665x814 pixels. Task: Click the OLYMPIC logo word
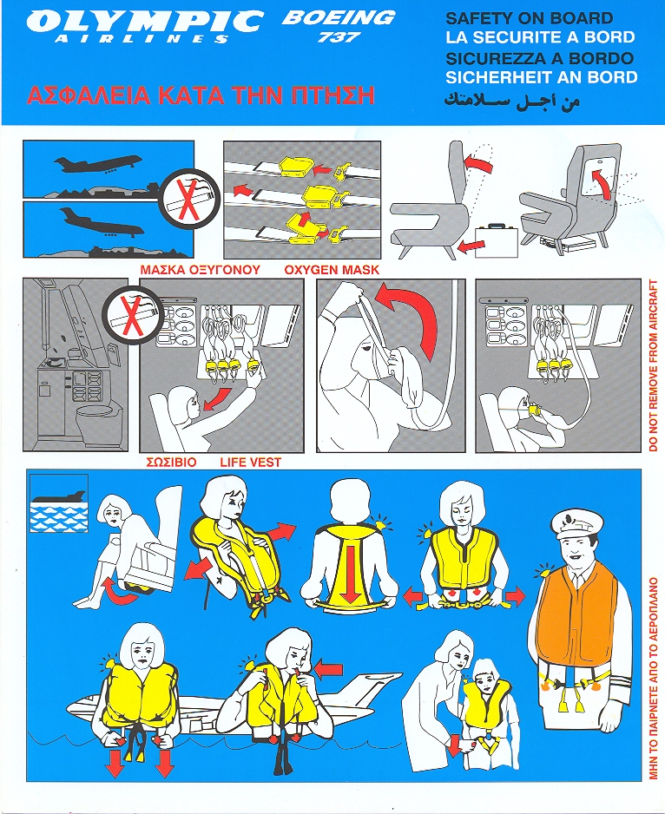[144, 22]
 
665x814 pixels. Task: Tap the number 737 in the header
[339, 37]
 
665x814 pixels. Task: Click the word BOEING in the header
[339, 18]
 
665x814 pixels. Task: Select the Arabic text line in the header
[511, 101]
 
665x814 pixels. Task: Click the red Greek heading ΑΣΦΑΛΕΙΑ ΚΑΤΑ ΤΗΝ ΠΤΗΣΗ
[201, 96]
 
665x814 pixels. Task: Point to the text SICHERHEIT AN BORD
[542, 77]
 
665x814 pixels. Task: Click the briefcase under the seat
[497, 240]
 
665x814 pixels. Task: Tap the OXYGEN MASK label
[332, 270]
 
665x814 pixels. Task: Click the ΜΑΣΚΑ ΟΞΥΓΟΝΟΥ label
[200, 270]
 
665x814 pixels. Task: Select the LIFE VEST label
[250, 462]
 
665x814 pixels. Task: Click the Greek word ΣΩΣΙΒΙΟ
[171, 462]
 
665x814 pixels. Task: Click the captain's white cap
[574, 522]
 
